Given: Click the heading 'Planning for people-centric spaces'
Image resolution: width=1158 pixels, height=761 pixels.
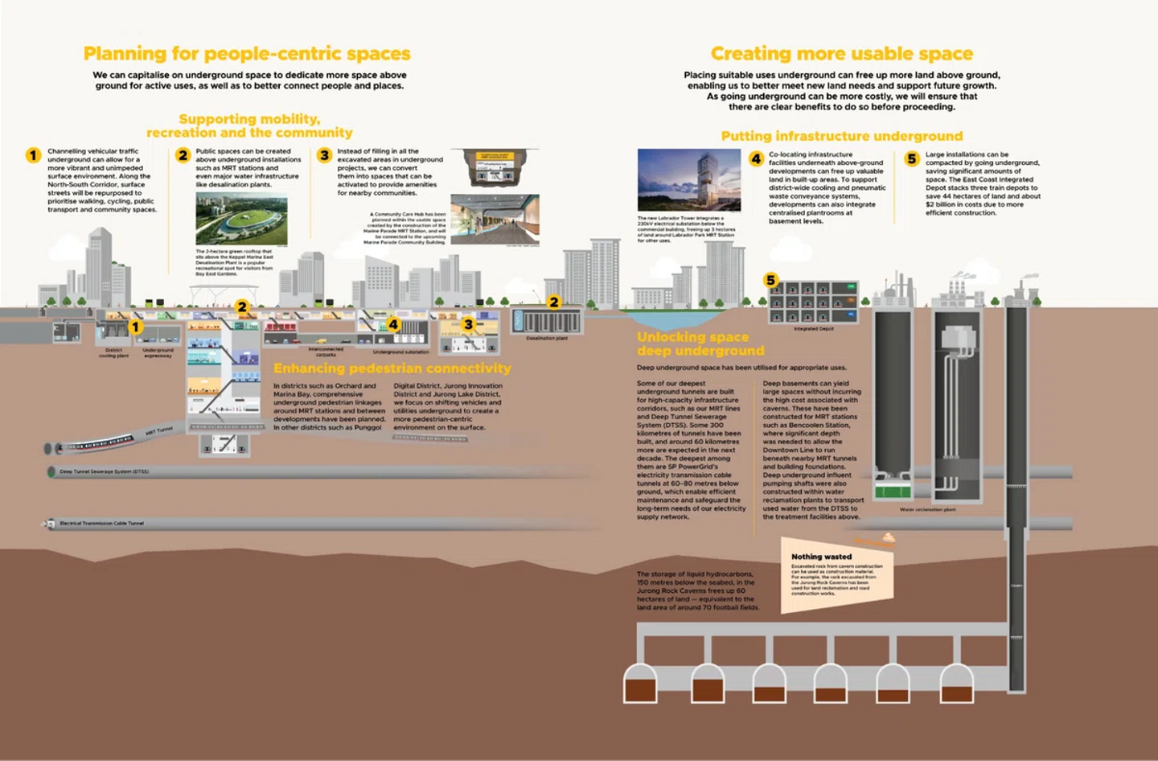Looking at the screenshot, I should click(247, 54).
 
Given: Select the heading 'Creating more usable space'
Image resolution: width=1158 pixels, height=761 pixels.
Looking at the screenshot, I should click(841, 54).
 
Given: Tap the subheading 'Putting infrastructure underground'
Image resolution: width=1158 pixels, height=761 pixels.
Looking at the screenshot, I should click(841, 136).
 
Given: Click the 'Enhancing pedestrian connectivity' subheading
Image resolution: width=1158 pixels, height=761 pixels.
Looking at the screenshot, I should click(392, 368).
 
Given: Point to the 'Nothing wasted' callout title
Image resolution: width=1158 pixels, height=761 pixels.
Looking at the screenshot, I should click(821, 557).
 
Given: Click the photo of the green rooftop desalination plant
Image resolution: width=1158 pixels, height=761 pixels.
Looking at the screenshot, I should click(241, 219).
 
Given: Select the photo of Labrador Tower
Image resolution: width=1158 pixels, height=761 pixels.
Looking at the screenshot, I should click(688, 180).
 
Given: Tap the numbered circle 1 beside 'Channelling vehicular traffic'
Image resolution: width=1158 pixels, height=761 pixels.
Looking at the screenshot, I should click(33, 155).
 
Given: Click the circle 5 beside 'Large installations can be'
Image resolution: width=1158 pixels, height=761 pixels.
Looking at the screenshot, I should click(911, 158).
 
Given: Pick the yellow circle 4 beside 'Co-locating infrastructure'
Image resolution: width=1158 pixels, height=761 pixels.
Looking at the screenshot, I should click(756, 158).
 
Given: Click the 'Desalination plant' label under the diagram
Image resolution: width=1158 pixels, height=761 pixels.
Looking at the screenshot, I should click(547, 339).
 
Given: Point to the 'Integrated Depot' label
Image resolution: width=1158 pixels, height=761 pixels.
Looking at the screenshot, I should click(814, 329).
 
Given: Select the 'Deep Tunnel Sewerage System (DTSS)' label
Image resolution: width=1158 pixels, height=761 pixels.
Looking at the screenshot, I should click(104, 472).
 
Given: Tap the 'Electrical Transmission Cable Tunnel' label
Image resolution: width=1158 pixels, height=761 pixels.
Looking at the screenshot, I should click(101, 524).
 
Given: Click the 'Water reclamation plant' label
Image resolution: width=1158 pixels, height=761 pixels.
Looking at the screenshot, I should click(927, 510).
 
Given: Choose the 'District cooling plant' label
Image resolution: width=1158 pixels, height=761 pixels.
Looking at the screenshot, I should click(113, 353).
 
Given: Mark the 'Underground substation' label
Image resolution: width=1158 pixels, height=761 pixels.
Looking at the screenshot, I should click(400, 352).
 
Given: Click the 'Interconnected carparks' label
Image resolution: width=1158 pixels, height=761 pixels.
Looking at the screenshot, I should click(326, 352).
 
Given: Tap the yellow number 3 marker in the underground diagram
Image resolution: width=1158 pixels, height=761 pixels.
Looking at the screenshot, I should click(468, 324).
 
